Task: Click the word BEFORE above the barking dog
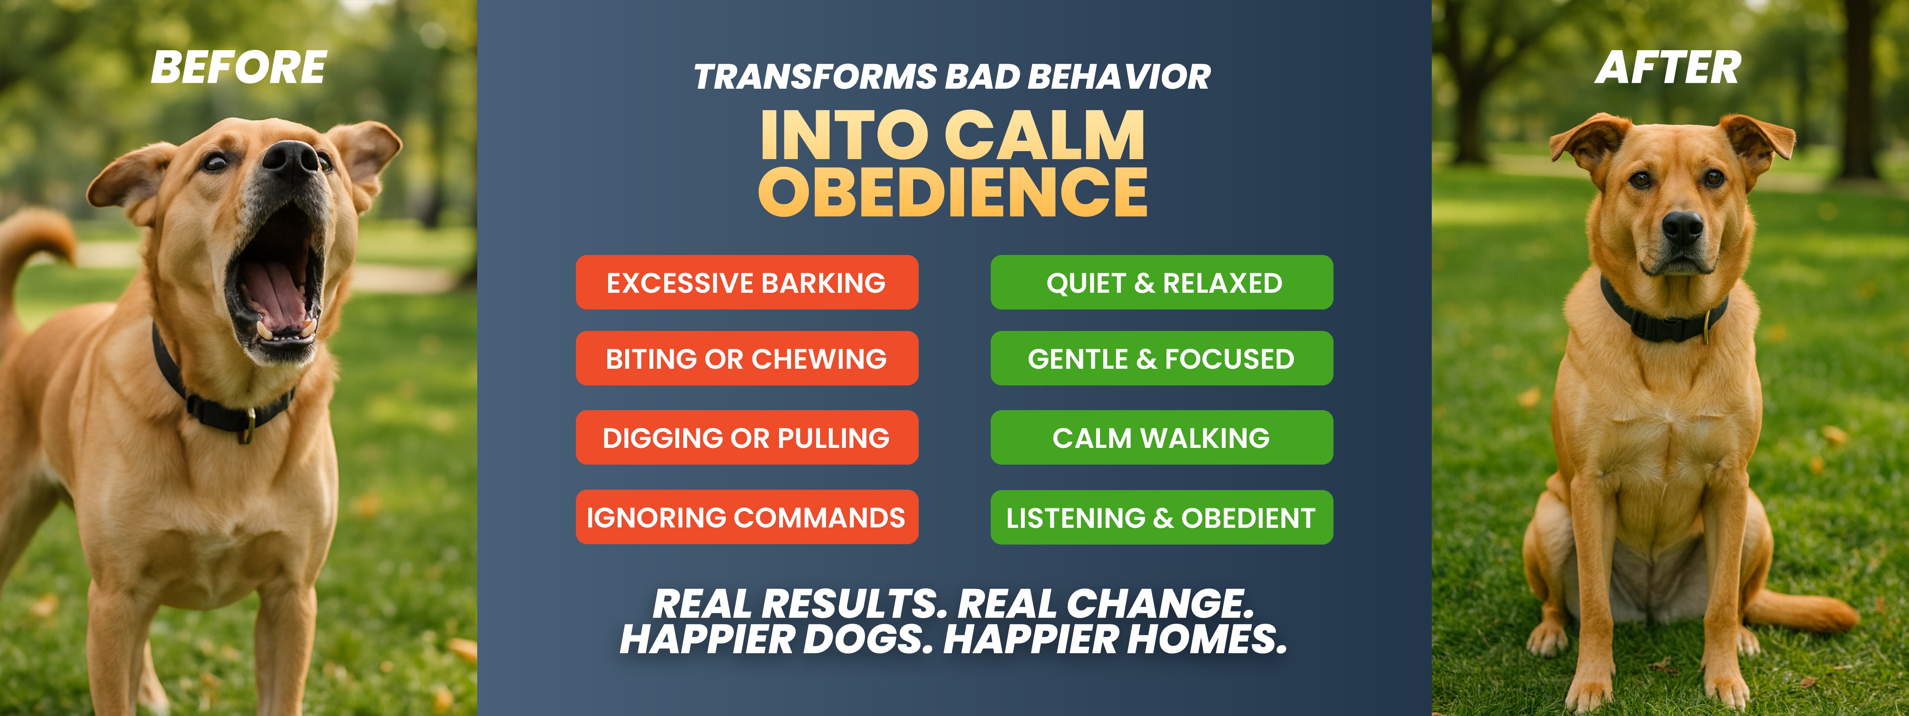(239, 68)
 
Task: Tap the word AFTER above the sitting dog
(1668, 68)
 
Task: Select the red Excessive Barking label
(747, 282)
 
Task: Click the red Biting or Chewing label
(747, 359)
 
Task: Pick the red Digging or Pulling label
(747, 437)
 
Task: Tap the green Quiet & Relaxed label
(1162, 282)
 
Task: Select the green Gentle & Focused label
(1162, 359)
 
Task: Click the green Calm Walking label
(1162, 437)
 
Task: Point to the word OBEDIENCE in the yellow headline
(953, 192)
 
